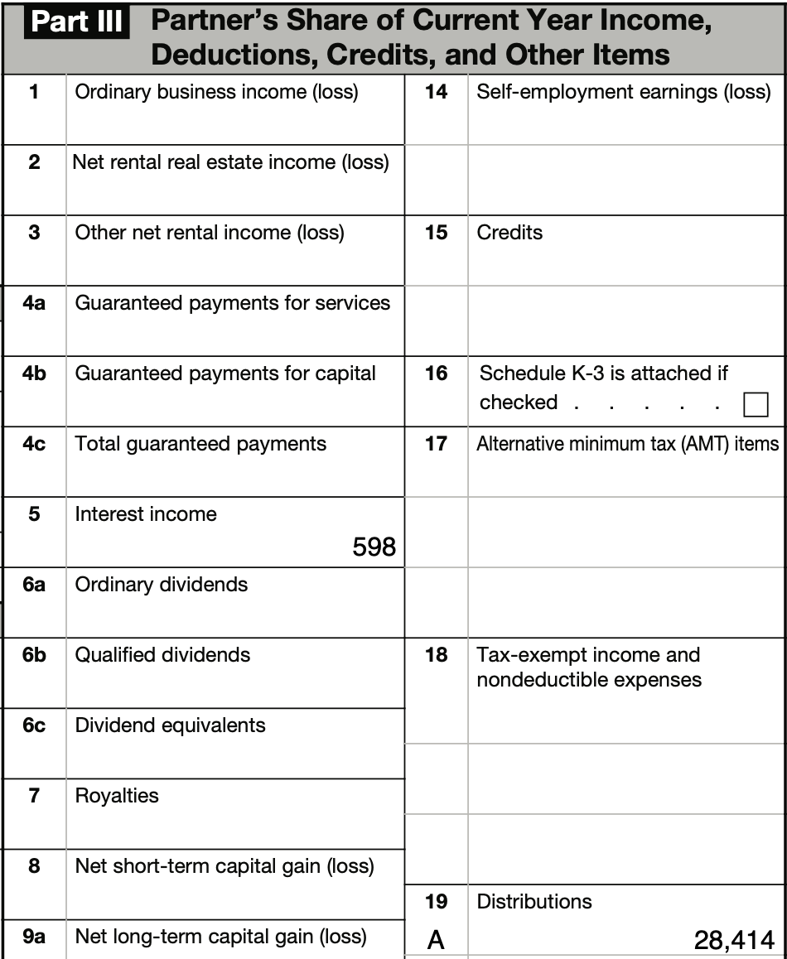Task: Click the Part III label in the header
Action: click(x=77, y=22)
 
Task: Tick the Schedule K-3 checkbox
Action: click(x=755, y=404)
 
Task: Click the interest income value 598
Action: click(x=374, y=547)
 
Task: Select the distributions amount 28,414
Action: click(x=734, y=940)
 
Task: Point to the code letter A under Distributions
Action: click(x=436, y=940)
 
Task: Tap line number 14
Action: click(x=436, y=92)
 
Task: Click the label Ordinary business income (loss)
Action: click(x=216, y=92)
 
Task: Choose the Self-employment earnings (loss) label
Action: click(x=623, y=92)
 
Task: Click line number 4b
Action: click(x=34, y=373)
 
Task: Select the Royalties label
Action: click(x=117, y=796)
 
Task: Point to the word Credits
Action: click(x=509, y=233)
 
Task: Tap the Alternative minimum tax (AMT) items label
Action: click(x=627, y=444)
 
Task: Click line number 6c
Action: click(x=34, y=725)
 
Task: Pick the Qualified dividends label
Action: click(x=162, y=655)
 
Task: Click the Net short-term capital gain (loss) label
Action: click(x=225, y=866)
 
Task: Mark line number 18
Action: click(x=436, y=655)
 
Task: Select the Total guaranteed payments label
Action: click(x=200, y=444)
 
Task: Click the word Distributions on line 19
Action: click(x=534, y=901)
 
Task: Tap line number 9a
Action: click(x=34, y=937)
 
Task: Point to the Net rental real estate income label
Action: click(x=230, y=162)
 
